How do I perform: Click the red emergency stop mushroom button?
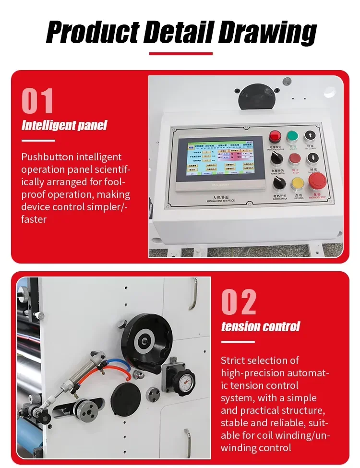[317, 180]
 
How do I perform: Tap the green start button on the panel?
[292, 136]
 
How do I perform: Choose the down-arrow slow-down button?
[311, 158]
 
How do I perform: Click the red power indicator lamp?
[275, 136]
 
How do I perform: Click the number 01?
[37, 101]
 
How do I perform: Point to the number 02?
[239, 302]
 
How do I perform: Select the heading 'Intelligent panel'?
[64, 126]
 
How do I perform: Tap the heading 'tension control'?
[260, 327]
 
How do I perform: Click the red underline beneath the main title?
[180, 54]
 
